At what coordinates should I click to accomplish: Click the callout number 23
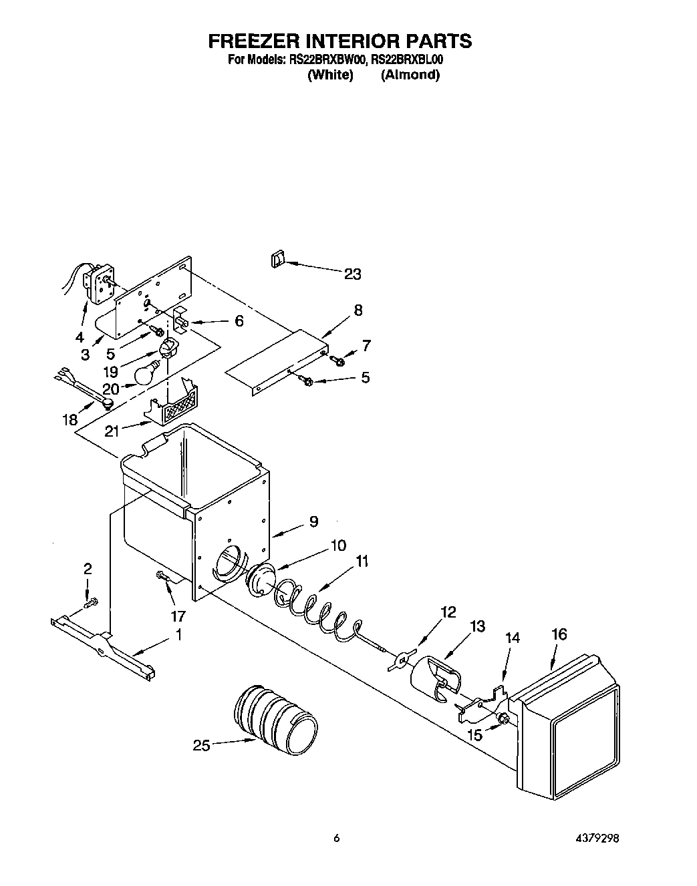point(352,274)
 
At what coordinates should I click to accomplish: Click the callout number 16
point(559,634)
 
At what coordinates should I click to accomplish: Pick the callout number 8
point(358,310)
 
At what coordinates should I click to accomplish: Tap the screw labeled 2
point(90,604)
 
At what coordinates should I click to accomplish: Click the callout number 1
point(178,636)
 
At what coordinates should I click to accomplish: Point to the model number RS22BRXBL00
point(407,60)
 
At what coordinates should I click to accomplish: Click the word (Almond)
point(410,75)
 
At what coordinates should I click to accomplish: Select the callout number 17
point(178,616)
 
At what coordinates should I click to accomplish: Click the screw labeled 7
point(338,361)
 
